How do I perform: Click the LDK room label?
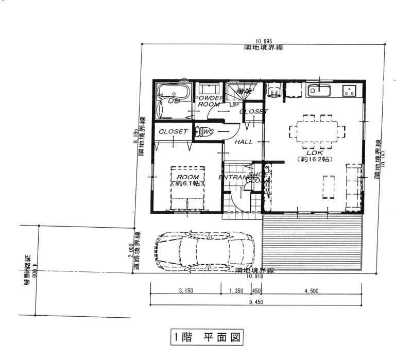[x=314, y=152]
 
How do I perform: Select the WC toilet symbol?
[x=202, y=131]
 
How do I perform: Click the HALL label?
[x=244, y=142]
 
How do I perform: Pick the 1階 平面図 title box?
[x=206, y=338]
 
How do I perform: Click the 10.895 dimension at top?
[x=263, y=42]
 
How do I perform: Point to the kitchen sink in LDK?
[x=319, y=91]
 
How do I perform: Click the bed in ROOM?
[x=188, y=188]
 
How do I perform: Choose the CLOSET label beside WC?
[x=173, y=132]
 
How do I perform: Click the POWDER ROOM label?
[x=209, y=100]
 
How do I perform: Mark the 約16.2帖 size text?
[x=315, y=160]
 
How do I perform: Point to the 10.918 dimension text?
[x=256, y=277]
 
